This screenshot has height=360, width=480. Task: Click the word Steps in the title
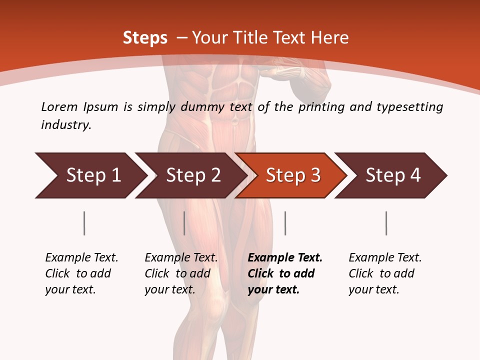point(145,38)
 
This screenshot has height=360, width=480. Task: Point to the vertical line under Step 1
point(84,223)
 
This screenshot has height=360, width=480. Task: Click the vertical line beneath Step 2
point(184,223)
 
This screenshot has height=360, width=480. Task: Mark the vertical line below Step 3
point(285,223)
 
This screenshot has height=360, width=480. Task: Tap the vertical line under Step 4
point(386,223)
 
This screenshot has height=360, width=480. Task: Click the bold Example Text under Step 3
point(285,273)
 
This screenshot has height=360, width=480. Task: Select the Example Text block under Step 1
point(81,273)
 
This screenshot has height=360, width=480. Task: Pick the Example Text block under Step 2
point(181,273)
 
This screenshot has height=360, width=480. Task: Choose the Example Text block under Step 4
point(385,273)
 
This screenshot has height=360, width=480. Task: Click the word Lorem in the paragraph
point(59,106)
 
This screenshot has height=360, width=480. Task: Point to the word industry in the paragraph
point(66,125)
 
